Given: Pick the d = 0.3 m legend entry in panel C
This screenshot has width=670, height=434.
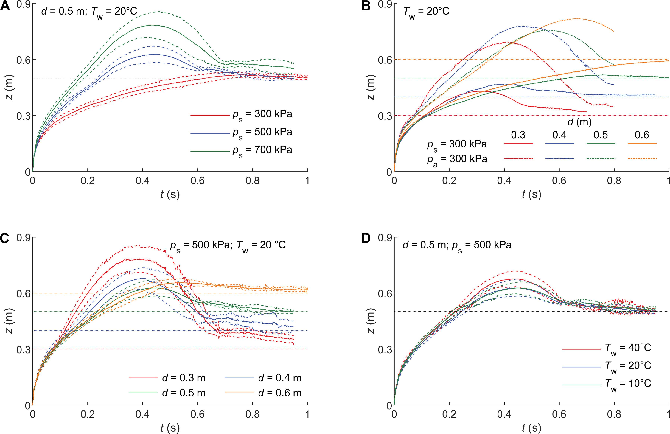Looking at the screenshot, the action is pyautogui.click(x=167, y=378).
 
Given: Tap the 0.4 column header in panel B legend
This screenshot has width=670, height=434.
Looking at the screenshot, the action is pyautogui.click(x=559, y=135).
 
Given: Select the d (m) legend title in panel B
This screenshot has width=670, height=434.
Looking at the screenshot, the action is pyautogui.click(x=579, y=122).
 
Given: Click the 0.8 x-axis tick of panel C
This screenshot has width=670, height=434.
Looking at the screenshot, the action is pyautogui.click(x=253, y=414).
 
